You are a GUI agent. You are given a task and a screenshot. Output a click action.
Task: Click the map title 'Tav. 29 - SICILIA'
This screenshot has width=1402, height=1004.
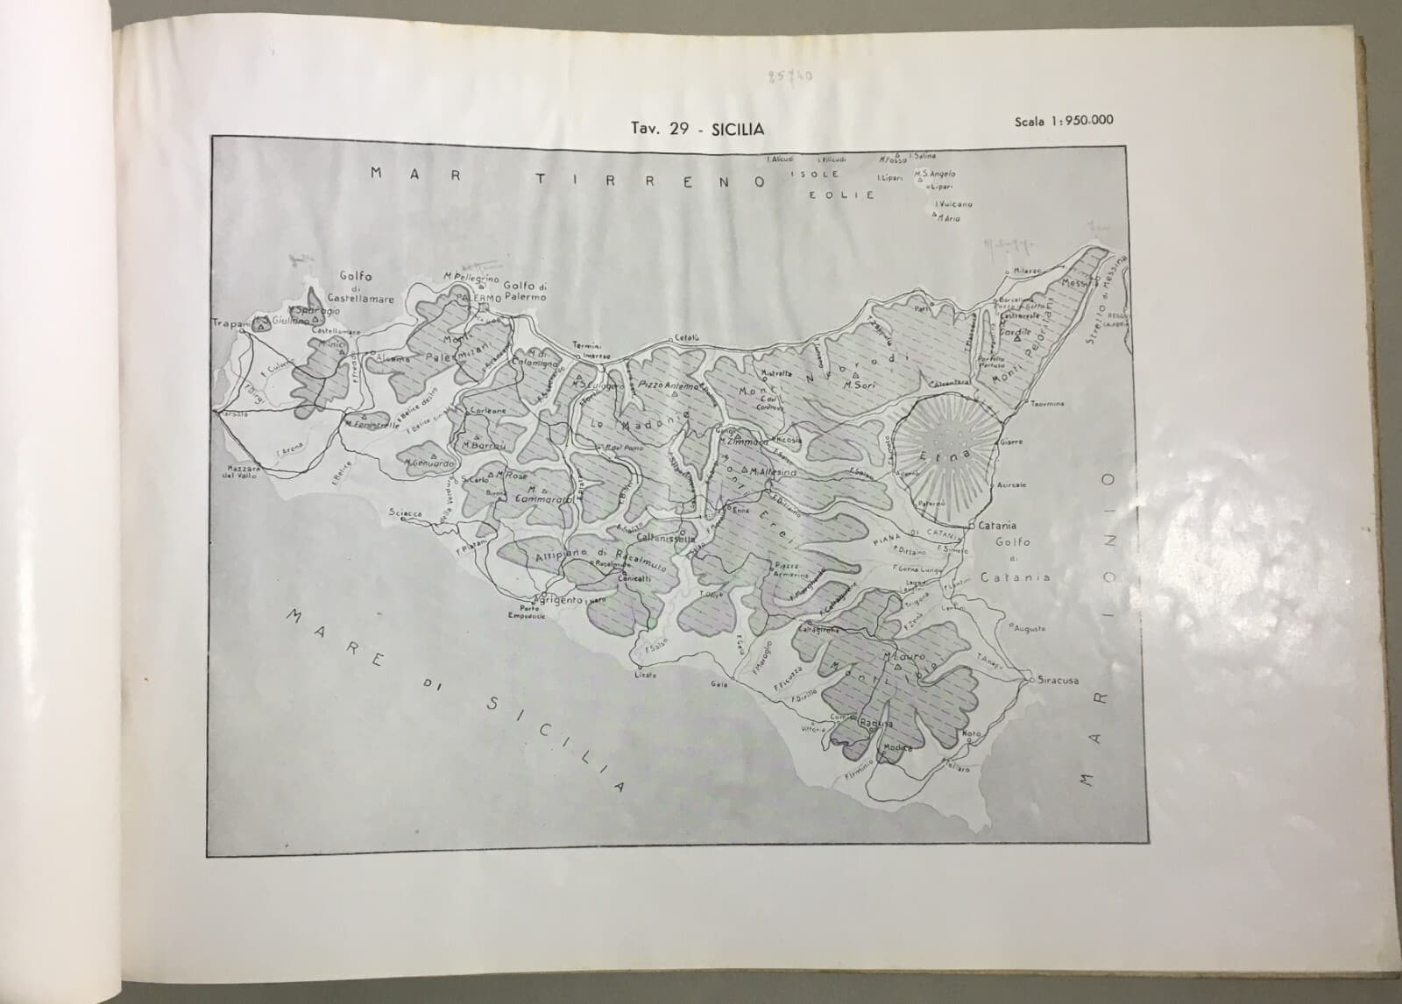click(x=697, y=129)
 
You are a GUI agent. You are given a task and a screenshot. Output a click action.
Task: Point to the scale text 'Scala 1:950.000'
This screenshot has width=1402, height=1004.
click(x=1064, y=121)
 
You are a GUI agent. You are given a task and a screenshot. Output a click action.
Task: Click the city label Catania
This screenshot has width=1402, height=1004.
click(x=993, y=526)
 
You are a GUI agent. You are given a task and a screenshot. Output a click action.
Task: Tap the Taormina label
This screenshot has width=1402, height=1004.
click(x=1047, y=404)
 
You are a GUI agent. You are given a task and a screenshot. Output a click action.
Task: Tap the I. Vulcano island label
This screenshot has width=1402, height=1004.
click(x=953, y=204)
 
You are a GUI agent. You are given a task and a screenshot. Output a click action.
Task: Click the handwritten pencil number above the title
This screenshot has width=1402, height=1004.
click(x=794, y=76)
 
